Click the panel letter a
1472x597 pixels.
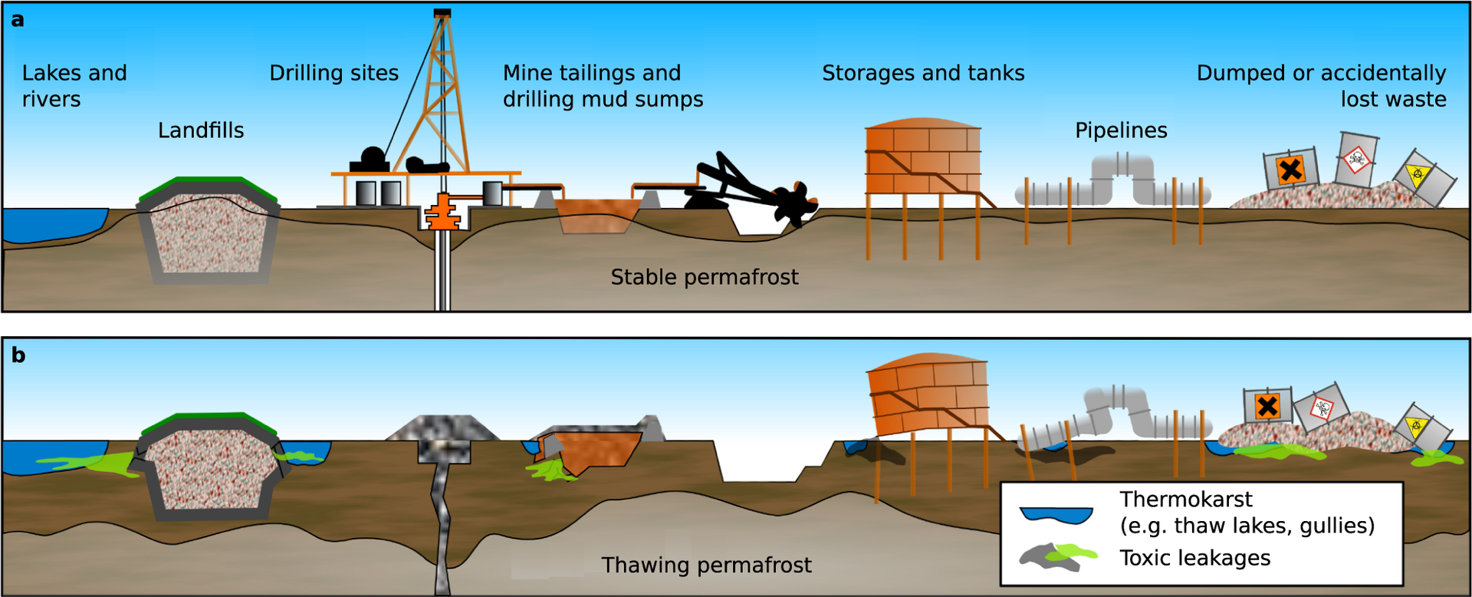18,20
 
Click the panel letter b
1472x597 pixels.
18,355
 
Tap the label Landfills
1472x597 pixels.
201,130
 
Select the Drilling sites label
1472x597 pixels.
333,73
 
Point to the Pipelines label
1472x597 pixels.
1121,130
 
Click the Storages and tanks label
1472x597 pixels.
923,73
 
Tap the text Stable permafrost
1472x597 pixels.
704,277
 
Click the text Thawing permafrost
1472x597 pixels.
706,566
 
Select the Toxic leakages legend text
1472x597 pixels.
1194,558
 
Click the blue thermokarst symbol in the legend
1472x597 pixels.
1056,515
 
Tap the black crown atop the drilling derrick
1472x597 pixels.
442,13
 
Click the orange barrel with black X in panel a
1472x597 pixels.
1291,170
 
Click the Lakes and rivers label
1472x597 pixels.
74,86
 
